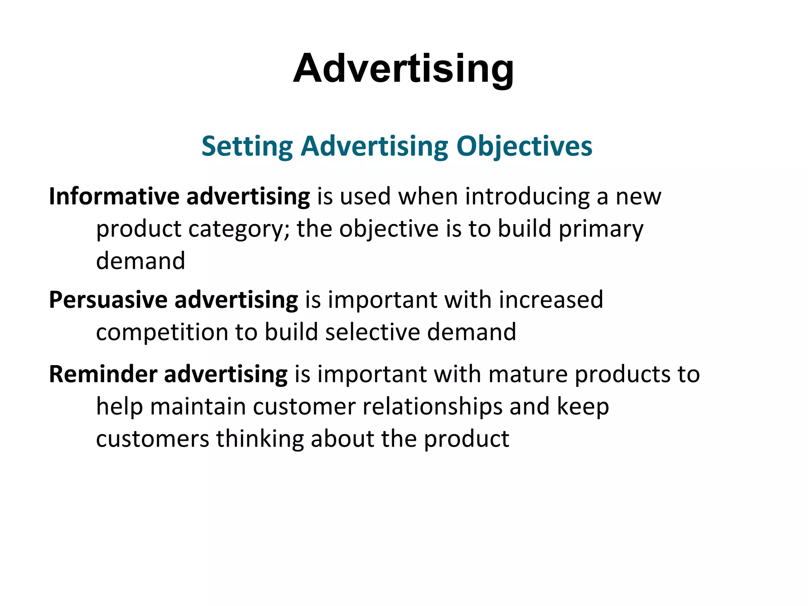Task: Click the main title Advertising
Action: point(403,69)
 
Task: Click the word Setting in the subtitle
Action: point(247,146)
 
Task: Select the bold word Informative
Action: point(114,196)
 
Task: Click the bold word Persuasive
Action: point(108,300)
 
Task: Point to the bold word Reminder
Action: point(103,374)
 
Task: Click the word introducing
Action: point(527,196)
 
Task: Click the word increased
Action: point(551,300)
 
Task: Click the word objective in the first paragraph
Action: point(389,229)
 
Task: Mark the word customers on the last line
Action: point(152,439)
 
